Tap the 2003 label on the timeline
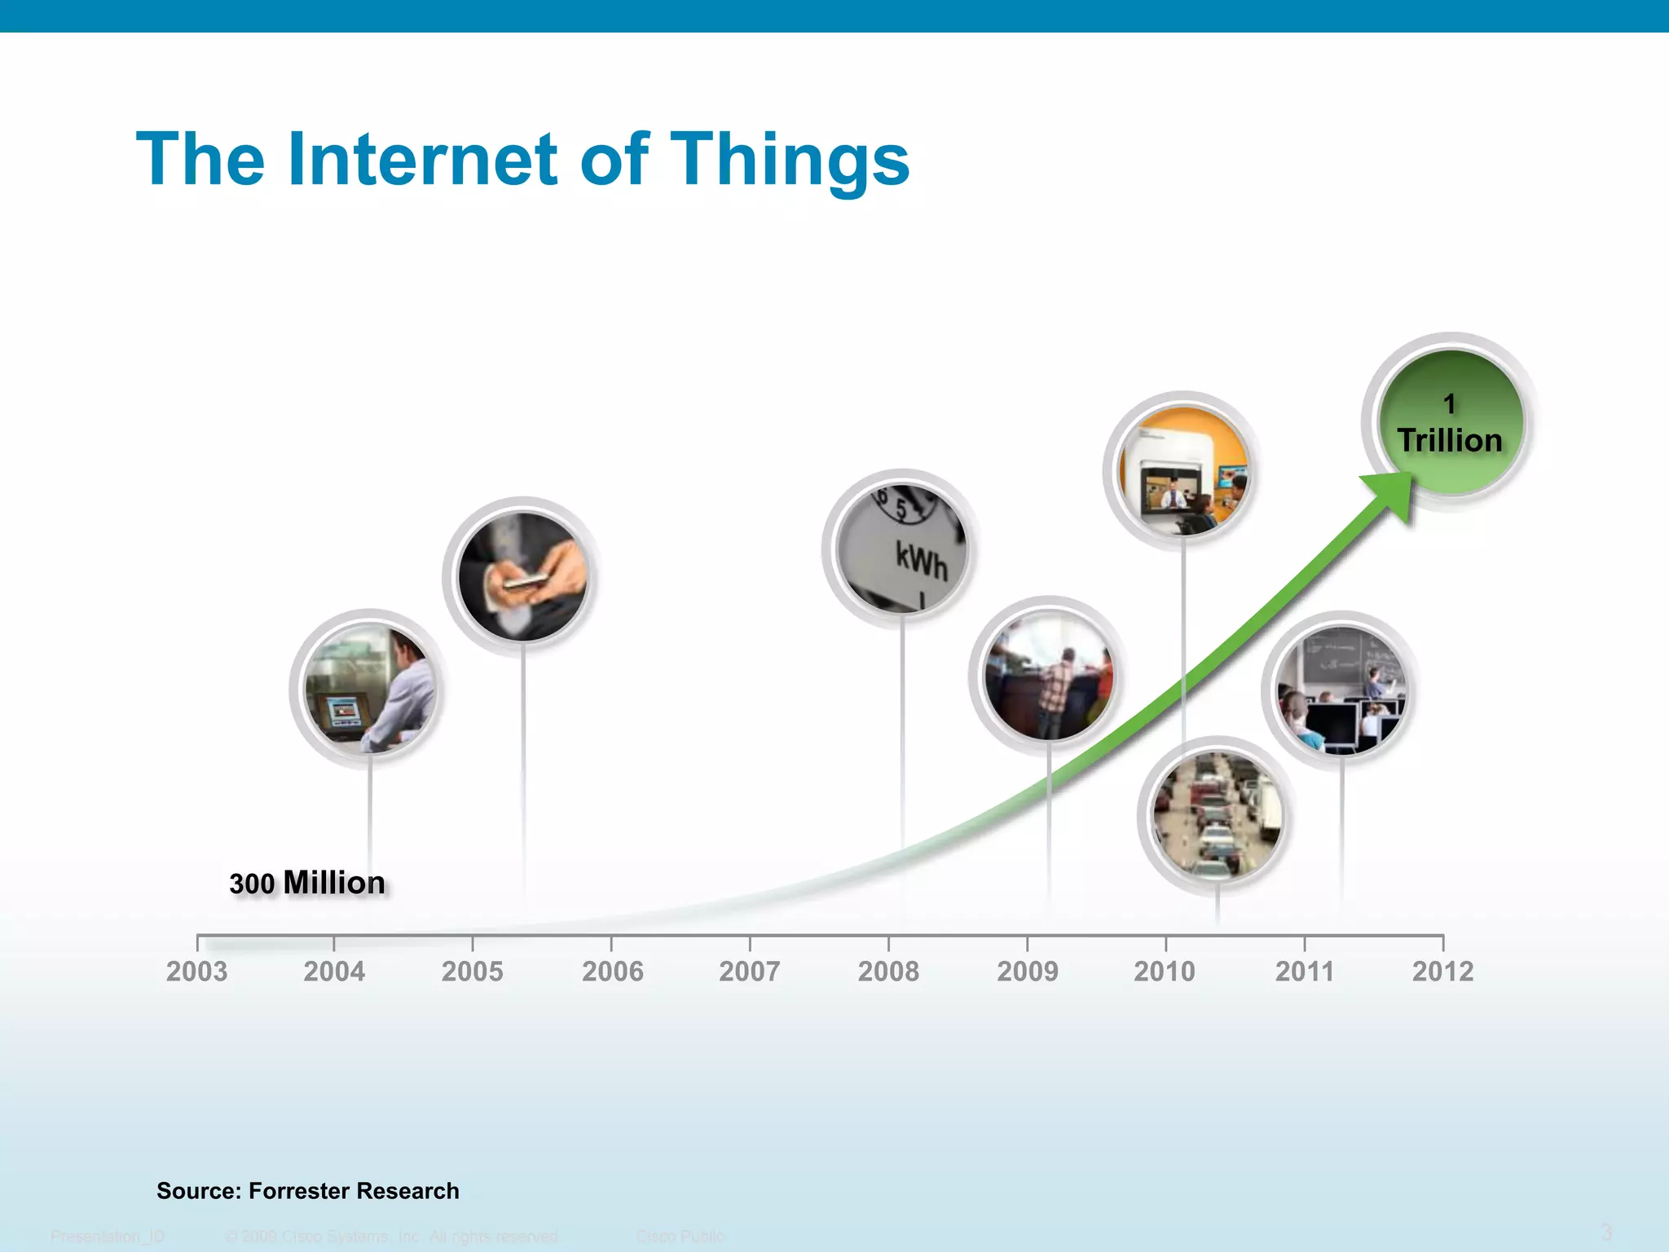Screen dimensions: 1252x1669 pos(196,972)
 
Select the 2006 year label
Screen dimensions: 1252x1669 pos(612,972)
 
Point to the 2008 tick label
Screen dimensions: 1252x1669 pos(888,972)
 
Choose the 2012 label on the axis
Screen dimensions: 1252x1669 pos(1442,972)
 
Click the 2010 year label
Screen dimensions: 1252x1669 pos(1165,972)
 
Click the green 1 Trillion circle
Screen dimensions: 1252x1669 pos(1450,423)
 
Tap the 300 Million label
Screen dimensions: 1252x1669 pos(307,883)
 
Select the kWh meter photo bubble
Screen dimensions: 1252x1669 pos(902,549)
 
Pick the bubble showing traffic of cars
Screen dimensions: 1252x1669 pos(1217,816)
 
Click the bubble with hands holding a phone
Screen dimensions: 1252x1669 pos(522,576)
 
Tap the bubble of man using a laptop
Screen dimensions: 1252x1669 pos(370,690)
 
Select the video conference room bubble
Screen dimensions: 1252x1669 pos(1183,471)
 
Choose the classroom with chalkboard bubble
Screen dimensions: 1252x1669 pos(1341,690)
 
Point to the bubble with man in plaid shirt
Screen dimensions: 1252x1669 pos(1049,677)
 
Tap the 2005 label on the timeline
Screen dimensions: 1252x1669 pos(472,972)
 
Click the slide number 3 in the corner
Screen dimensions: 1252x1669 pos(1606,1232)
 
